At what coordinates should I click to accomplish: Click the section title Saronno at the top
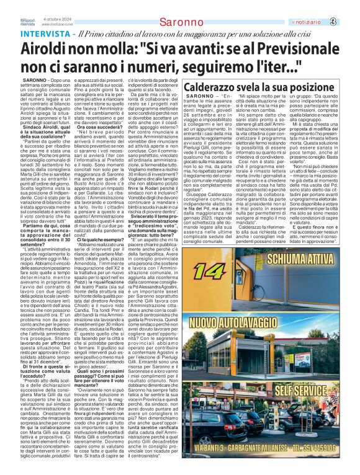coord(180,23)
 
